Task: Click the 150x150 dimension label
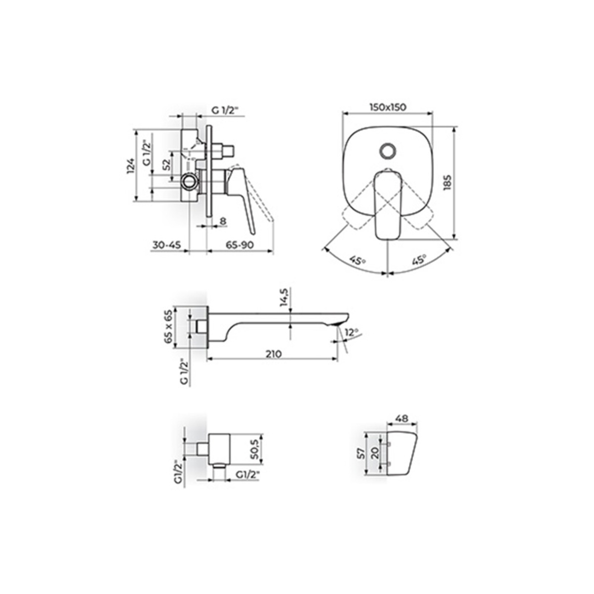[388, 107]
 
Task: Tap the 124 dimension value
[131, 166]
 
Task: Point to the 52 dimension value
[166, 164]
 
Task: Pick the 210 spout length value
[273, 354]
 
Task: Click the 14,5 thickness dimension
[284, 297]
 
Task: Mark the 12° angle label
[351, 332]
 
